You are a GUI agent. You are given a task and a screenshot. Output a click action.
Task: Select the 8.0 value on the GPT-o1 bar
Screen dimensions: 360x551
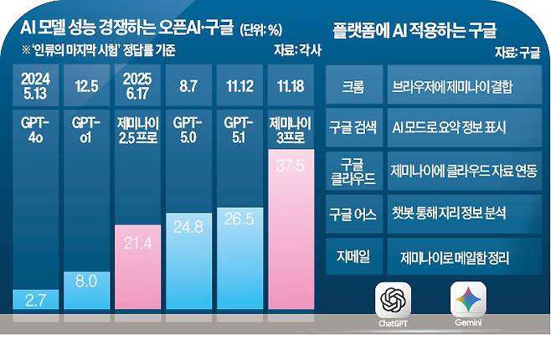85,282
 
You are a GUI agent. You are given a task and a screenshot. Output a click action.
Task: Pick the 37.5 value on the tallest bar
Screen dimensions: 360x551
291,166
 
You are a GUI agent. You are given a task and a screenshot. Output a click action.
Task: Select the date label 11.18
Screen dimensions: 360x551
291,86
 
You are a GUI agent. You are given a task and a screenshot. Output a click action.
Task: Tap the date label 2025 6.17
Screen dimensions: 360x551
136,86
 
